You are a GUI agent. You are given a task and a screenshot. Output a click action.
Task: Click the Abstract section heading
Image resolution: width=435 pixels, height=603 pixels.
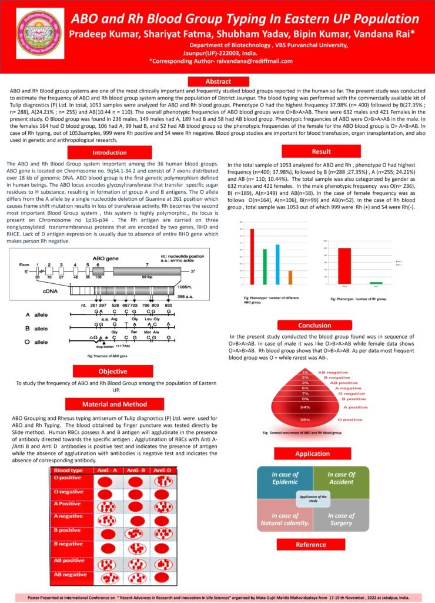[x=218, y=81]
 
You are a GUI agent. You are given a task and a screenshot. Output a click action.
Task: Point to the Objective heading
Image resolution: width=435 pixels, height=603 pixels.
[x=112, y=372]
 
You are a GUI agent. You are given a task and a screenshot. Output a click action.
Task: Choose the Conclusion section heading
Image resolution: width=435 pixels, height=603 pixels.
[x=314, y=325]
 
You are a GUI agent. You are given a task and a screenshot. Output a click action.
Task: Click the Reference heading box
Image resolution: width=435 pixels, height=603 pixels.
[x=310, y=545]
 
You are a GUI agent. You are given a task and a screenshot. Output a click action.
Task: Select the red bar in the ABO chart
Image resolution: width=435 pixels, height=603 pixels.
[x=236, y=257]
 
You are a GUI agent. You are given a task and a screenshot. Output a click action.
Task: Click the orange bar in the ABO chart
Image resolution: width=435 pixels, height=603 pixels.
[x=290, y=277]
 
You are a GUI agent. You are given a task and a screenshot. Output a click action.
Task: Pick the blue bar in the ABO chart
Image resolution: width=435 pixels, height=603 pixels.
[x=277, y=264]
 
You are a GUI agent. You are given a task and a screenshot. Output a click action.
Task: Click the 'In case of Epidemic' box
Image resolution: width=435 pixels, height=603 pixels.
[x=285, y=478]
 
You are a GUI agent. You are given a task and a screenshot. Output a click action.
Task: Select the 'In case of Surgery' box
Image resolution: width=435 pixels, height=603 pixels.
[x=342, y=520]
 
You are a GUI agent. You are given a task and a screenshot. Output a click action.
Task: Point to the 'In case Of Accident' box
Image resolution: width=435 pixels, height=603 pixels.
[x=342, y=478]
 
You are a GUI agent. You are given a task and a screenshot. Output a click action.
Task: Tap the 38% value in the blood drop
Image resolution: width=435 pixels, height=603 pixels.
[x=305, y=420]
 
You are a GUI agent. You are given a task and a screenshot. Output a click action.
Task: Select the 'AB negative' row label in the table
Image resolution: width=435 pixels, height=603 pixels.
[x=71, y=574]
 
